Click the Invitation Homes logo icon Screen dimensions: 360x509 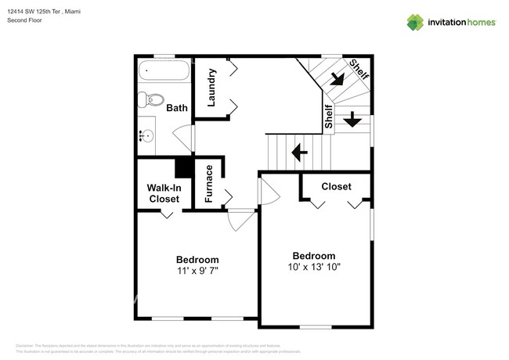click(415, 22)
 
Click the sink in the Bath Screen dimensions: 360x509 click(146, 135)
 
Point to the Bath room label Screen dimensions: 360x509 click(176, 107)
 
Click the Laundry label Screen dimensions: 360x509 click(211, 87)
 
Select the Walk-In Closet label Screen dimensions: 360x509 click(164, 193)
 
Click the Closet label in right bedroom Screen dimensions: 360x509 click(336, 186)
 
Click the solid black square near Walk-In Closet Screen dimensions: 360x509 click(184, 167)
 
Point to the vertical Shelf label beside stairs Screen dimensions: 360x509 click(328, 117)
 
